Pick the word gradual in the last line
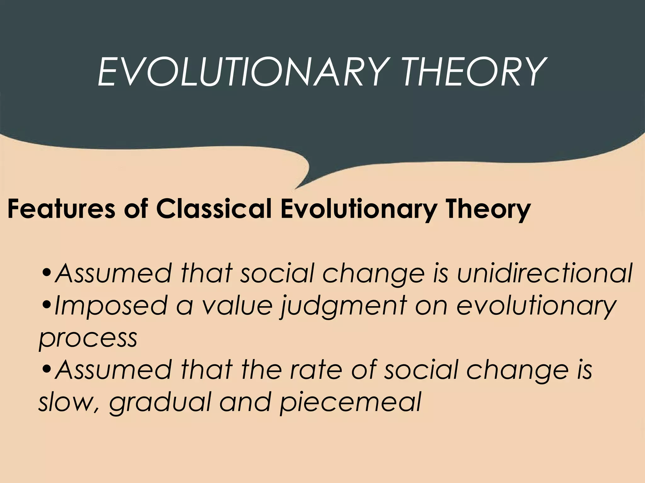coord(159,403)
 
